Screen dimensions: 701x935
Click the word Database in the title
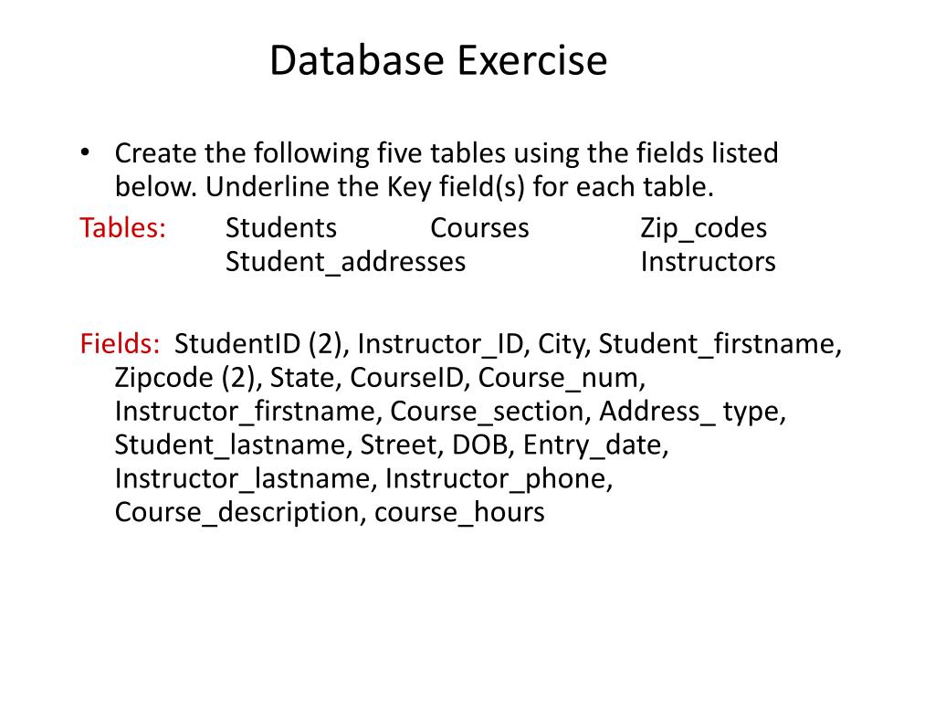pos(356,62)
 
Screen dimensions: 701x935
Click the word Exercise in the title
pos(531,62)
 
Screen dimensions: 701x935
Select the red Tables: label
pos(122,228)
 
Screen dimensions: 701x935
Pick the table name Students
pos(281,228)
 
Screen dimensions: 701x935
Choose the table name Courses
pos(479,228)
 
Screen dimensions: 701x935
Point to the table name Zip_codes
pos(703,229)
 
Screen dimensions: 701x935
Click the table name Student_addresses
pos(345,262)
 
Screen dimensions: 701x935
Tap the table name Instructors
pos(708,262)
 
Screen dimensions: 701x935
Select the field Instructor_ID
pos(442,345)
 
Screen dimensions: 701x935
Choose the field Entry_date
pos(595,445)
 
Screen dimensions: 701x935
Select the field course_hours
pos(459,513)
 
